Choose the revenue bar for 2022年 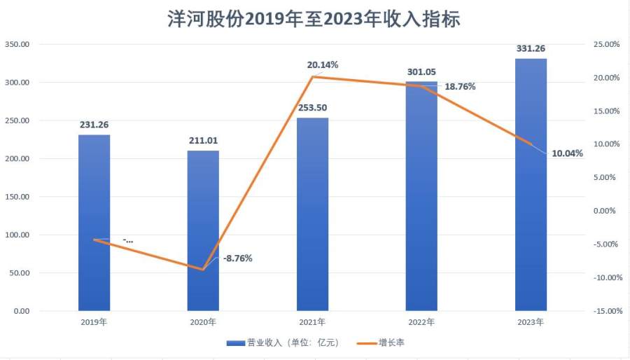[421, 196]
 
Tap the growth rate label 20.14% [323, 64]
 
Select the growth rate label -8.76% [237, 258]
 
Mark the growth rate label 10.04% [567, 154]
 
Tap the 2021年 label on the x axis [312, 322]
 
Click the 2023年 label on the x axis [531, 322]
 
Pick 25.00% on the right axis [607, 44]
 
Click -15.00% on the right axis [605, 311]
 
